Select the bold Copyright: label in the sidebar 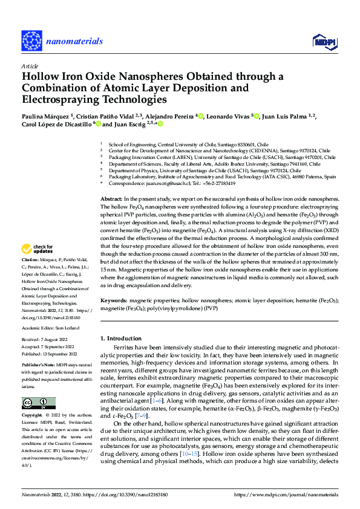33,417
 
